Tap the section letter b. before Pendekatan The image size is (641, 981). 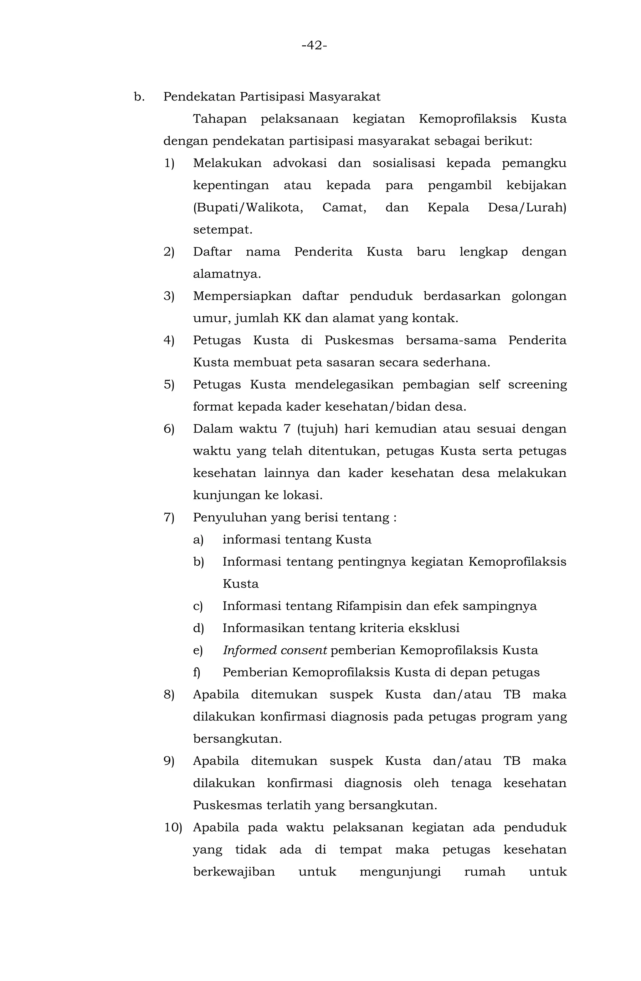139,97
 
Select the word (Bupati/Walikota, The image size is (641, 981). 248,207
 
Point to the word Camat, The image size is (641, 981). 344,207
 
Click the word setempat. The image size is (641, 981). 223,230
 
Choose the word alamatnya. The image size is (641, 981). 227,274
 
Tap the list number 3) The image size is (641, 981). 169,296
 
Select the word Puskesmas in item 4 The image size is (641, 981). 359,340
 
